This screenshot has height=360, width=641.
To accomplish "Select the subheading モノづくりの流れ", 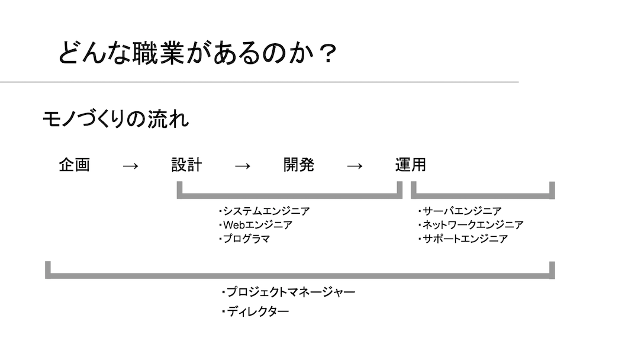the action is tap(115, 119).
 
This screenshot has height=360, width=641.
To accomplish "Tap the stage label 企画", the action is tap(75, 165).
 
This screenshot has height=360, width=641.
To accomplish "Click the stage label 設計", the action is tap(186, 165).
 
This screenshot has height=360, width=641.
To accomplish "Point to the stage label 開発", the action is tap(298, 165).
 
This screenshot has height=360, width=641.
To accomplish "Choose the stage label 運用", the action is tap(410, 165).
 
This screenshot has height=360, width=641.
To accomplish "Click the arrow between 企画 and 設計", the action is tap(130, 166).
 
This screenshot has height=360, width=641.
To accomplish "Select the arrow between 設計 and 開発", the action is tap(243, 166).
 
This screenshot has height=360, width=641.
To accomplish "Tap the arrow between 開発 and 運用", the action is tap(355, 166).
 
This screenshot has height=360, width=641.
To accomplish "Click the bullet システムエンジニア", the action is tap(264, 211).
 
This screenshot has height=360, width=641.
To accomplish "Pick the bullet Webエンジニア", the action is tap(256, 225).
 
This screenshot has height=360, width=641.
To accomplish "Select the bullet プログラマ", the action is tap(244, 239).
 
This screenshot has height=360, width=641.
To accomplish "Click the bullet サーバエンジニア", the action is tap(459, 211).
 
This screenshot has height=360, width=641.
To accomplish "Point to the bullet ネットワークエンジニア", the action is tap(471, 225).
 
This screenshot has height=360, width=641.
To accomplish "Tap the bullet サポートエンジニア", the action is tap(463, 239).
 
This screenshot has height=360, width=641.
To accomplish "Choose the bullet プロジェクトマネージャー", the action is tap(288, 292).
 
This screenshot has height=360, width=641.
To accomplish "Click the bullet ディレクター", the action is tap(255, 311).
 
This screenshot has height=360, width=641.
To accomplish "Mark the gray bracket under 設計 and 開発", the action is tap(289, 197).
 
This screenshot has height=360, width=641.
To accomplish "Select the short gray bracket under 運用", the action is tap(483, 197).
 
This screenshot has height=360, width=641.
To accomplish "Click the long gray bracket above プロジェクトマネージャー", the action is tap(299, 276).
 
